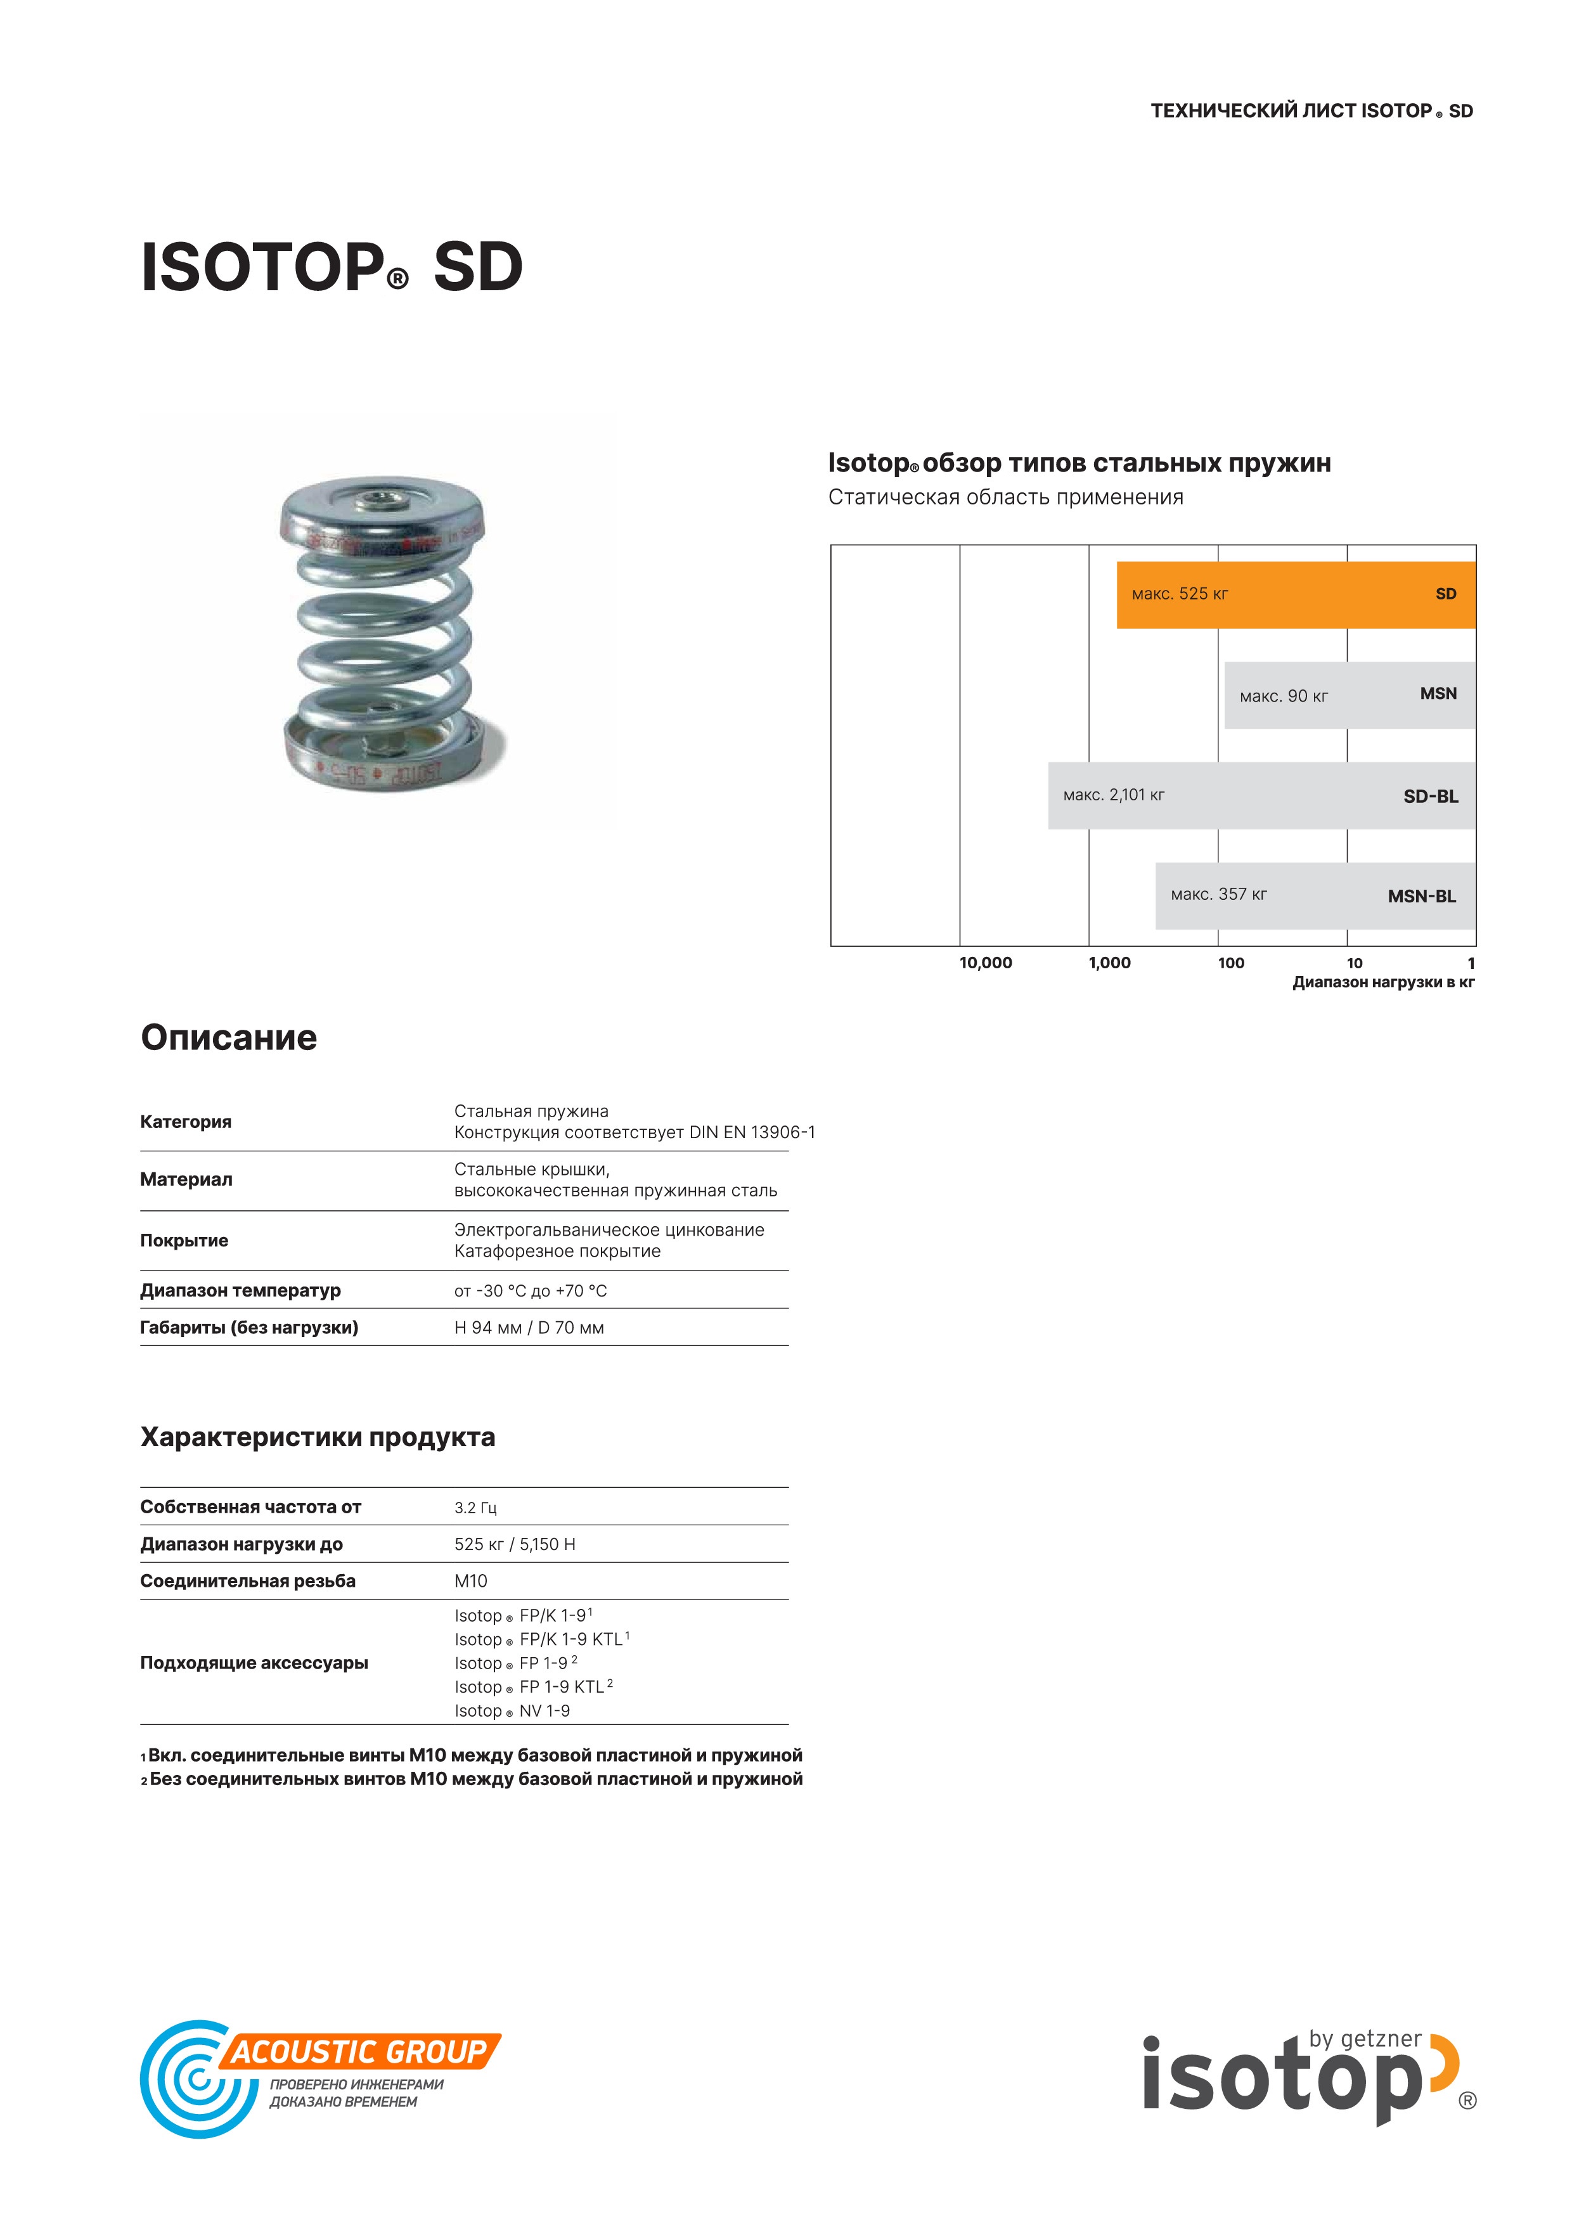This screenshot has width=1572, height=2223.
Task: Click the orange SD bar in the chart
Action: point(1295,594)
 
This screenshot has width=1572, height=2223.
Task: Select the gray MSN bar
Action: point(1348,695)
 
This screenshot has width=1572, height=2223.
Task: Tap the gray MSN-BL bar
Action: point(1315,895)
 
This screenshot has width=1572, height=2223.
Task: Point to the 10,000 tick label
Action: point(985,963)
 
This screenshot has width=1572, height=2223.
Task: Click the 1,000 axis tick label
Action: point(1109,963)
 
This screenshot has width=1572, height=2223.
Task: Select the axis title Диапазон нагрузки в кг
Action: point(1382,983)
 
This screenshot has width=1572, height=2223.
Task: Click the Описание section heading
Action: point(229,1038)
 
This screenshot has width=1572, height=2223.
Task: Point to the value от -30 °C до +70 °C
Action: point(530,1291)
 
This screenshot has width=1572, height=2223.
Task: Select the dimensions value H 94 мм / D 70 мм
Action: point(529,1328)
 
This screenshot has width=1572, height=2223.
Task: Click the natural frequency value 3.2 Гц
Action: point(475,1508)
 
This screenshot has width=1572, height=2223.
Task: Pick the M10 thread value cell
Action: point(471,1581)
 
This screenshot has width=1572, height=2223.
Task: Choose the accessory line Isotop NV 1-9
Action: point(512,1711)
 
